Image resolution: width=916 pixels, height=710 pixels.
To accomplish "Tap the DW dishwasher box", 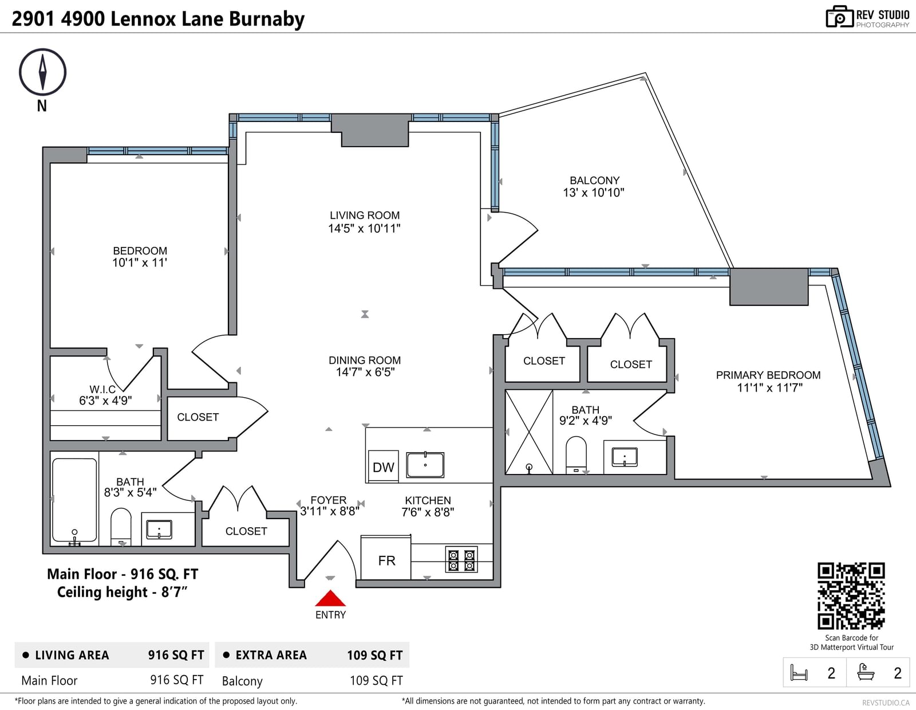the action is coord(383,466).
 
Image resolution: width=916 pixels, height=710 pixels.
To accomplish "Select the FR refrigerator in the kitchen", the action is coord(386,558).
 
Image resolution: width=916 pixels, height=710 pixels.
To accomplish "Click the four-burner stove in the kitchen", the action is coord(461,559).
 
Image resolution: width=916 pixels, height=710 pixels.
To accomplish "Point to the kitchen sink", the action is coord(425,465).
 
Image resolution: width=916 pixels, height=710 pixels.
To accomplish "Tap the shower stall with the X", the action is coord(529,432).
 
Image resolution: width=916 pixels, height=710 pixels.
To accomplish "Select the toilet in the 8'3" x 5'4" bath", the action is coord(121,527).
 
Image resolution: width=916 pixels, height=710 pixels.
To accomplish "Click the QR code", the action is coord(851,595).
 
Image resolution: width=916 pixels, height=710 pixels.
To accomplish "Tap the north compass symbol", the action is coord(42,72).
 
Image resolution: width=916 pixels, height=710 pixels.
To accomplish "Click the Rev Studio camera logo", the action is coord(839,17).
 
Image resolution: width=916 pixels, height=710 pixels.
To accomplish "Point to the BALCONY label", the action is coord(594,181).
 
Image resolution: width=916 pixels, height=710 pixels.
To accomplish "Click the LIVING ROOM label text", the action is coord(365,215).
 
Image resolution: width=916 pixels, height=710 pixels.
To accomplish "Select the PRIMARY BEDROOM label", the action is coord(768,375).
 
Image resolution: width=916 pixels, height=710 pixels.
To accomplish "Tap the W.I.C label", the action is coord(102,389).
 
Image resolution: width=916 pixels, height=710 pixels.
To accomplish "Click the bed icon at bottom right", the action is coord(799,672).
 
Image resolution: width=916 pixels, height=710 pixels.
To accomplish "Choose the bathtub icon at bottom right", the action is coord(866,672).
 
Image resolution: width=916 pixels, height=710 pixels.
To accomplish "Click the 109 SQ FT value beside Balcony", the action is coord(376,680).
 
